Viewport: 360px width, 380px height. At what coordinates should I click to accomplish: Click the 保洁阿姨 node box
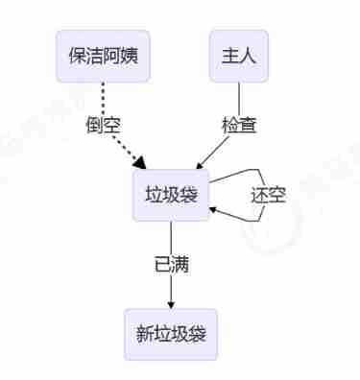[104, 57]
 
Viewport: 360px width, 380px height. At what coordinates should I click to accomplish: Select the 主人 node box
[238, 57]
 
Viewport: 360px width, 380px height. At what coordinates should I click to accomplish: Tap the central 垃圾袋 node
[171, 195]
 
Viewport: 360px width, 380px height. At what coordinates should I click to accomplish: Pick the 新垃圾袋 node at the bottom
[171, 334]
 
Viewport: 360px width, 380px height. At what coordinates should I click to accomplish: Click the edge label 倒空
[104, 125]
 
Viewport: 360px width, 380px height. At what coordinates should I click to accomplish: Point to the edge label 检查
[238, 125]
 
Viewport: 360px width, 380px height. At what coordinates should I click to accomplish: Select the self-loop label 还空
[269, 195]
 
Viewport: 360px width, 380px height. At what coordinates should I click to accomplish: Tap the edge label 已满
[171, 265]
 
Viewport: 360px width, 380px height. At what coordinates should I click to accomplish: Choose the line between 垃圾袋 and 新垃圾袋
[171, 240]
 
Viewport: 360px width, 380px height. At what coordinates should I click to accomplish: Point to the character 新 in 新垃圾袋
[144, 334]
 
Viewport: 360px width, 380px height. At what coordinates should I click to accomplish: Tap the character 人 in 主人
[248, 57]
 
